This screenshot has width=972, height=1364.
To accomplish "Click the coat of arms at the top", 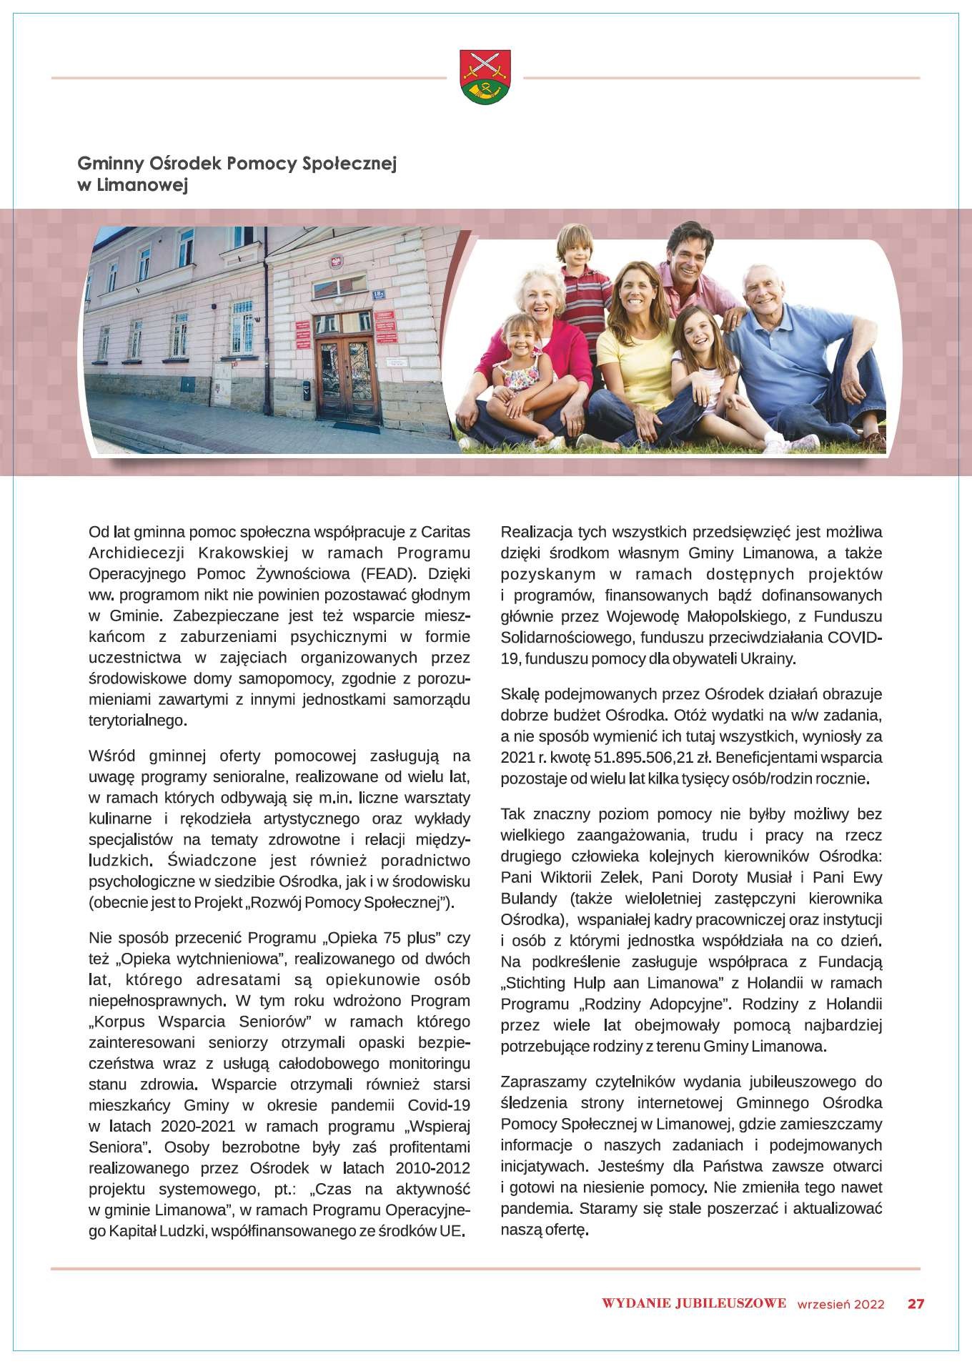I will tap(485, 76).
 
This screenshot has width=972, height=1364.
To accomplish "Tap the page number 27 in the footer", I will tap(916, 1303).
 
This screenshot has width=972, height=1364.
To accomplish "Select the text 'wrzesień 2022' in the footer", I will tap(840, 1304).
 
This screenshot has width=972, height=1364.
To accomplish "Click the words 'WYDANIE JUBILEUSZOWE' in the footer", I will tap(694, 1303).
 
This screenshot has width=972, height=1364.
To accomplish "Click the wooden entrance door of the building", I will tap(345, 379).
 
